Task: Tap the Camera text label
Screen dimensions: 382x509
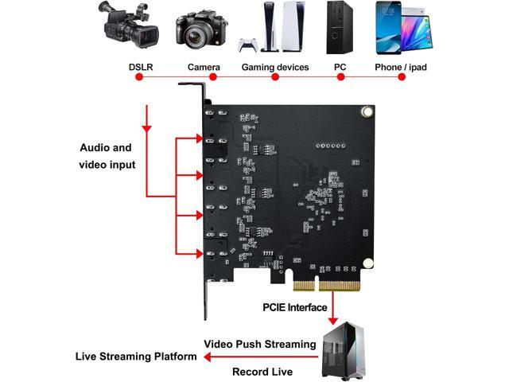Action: point(204,67)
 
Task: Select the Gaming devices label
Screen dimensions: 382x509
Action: point(275,67)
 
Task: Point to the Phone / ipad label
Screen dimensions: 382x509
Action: point(400,67)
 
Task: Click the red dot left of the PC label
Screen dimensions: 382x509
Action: point(341,77)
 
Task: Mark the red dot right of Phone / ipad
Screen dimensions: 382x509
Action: point(402,77)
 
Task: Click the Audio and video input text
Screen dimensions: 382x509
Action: point(107,156)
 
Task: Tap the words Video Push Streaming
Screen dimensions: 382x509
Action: point(260,344)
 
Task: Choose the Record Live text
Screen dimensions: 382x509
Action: point(262,371)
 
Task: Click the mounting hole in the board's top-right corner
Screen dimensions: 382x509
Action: point(366,112)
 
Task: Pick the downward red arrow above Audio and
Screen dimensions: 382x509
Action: point(146,122)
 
